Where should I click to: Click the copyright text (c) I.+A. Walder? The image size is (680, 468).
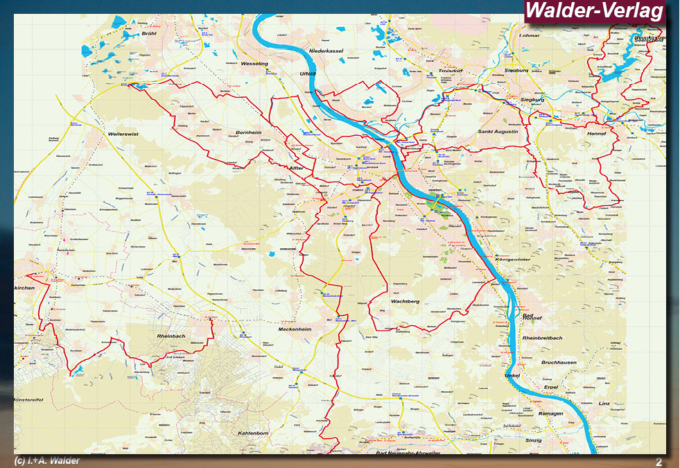pyautogui.click(x=47, y=461)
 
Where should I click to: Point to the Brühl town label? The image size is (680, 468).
pyautogui.click(x=149, y=33)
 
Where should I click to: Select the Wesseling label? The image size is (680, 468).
pyautogui.click(x=254, y=64)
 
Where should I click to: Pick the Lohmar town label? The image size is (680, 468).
pyautogui.click(x=529, y=35)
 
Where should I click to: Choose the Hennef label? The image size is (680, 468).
pyautogui.click(x=596, y=133)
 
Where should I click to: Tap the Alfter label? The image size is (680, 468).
pyautogui.click(x=297, y=167)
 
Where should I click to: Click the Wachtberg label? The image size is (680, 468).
pyautogui.click(x=406, y=302)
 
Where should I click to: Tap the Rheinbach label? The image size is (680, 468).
pyautogui.click(x=171, y=336)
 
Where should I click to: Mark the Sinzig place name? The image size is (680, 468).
pyautogui.click(x=534, y=440)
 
